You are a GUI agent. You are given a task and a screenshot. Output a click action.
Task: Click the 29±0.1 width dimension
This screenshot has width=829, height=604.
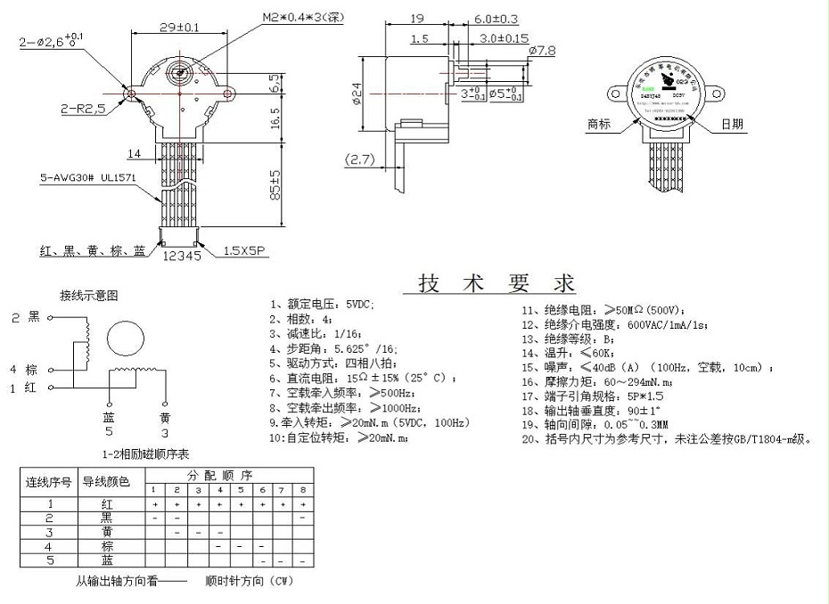click(x=179, y=28)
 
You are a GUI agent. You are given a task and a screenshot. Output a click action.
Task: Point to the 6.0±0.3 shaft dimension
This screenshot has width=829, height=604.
click(x=497, y=19)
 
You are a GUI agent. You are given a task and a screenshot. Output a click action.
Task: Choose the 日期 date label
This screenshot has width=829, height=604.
click(x=732, y=124)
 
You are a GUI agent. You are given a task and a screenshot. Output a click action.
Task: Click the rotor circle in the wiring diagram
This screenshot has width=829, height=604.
click(x=125, y=339)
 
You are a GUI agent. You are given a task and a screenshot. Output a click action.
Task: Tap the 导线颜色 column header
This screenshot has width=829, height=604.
click(x=106, y=482)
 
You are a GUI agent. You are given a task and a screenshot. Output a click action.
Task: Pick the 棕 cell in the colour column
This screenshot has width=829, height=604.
click(x=107, y=545)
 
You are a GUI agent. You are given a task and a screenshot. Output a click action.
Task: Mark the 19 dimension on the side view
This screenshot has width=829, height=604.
click(x=416, y=19)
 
